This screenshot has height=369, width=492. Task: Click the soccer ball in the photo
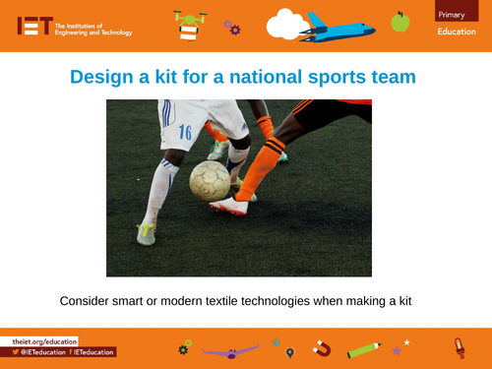point(210,180)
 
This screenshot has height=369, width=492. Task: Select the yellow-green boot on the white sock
point(147,233)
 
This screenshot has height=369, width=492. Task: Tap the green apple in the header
point(400,21)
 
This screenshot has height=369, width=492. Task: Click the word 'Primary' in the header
point(453,13)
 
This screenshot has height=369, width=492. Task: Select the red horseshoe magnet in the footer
point(321,347)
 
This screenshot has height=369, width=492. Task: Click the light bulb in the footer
point(457,346)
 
